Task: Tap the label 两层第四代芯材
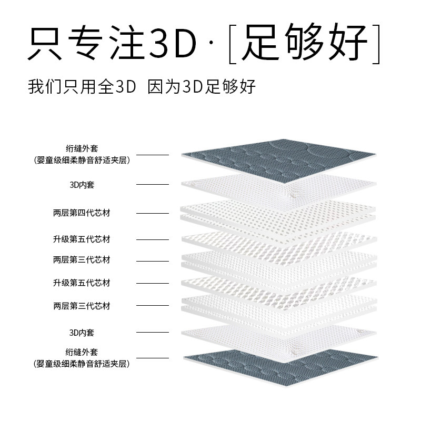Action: click(x=82, y=213)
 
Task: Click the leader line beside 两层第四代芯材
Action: click(x=153, y=213)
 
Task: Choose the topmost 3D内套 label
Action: click(x=82, y=185)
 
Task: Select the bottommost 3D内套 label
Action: click(x=82, y=333)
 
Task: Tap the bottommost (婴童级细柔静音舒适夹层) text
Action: click(x=82, y=364)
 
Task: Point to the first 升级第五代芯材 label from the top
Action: click(x=82, y=239)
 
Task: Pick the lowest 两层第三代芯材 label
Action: click(x=82, y=306)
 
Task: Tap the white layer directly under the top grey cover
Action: click(x=279, y=185)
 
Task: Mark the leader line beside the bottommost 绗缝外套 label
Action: click(x=153, y=358)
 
